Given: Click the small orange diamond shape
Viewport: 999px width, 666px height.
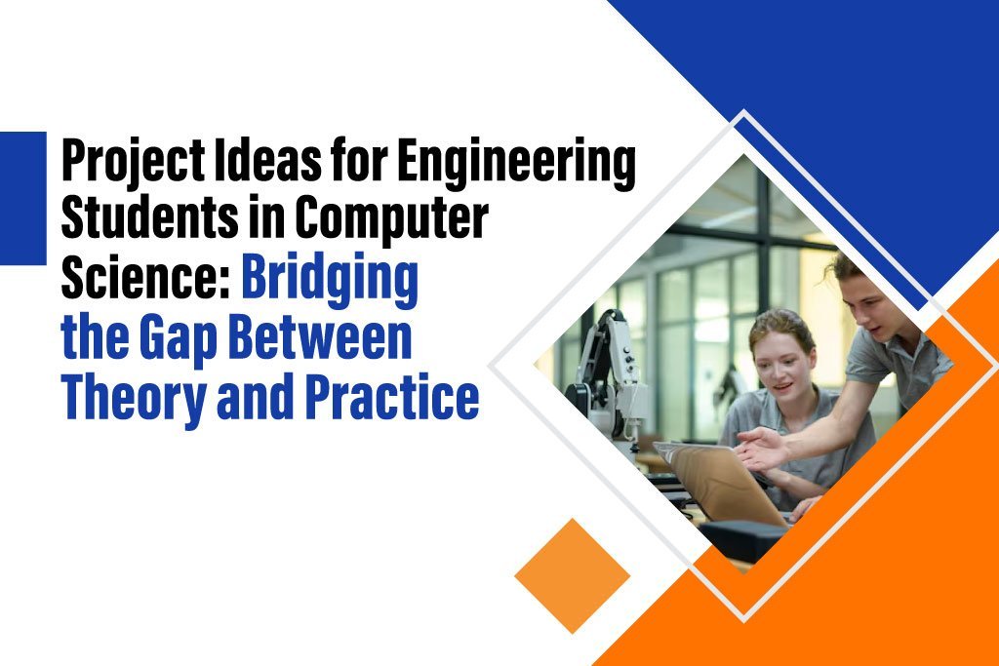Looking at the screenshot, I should coord(572,575).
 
